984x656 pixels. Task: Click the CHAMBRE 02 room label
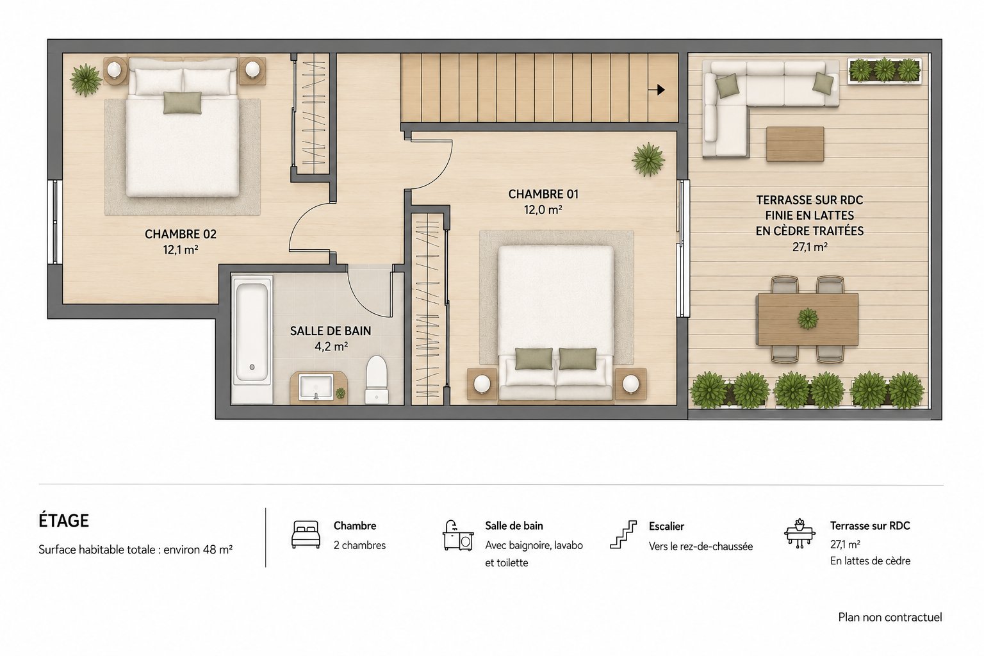181,234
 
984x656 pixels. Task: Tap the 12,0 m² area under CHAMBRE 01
543,209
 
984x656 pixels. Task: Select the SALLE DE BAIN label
331,331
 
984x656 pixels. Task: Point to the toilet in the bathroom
377,380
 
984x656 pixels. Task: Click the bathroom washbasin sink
316,387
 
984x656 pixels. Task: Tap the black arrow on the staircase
657,90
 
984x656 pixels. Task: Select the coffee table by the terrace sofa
795,143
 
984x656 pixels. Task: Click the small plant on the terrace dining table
807,318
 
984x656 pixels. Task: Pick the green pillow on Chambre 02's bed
183,102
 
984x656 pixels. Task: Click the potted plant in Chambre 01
648,160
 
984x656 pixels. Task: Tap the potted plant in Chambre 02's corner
85,80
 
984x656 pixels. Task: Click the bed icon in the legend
306,534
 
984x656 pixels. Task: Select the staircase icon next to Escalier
623,535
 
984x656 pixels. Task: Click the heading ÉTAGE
63,521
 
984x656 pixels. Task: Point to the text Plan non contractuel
890,618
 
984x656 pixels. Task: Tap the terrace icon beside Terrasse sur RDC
799,534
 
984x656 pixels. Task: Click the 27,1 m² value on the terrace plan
810,247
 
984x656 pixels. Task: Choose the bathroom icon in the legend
458,535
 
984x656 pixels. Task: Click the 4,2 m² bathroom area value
331,347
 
